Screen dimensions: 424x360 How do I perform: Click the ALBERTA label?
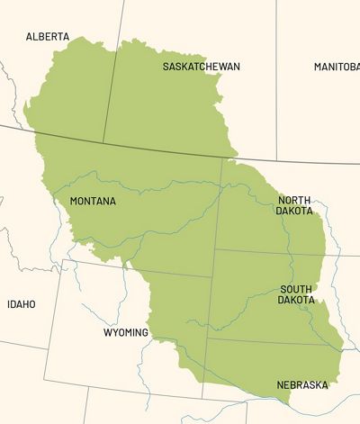click(47, 37)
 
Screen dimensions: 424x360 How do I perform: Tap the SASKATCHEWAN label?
click(202, 68)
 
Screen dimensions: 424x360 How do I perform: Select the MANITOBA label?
click(337, 68)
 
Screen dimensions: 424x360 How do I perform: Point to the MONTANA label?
click(93, 202)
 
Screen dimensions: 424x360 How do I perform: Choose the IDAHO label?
click(22, 304)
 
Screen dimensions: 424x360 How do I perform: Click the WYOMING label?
click(125, 332)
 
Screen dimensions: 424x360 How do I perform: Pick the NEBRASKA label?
click(301, 384)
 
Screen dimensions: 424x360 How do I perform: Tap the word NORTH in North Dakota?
click(295, 200)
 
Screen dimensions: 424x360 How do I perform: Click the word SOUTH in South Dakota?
click(296, 289)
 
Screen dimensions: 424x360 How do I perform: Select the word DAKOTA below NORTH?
click(295, 211)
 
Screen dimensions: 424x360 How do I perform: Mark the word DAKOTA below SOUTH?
click(296, 300)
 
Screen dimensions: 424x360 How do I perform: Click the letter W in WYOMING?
click(107, 332)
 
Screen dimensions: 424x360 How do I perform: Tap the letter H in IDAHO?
click(27, 304)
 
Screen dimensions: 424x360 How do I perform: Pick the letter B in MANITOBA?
click(349, 68)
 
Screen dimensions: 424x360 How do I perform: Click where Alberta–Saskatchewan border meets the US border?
click(103, 141)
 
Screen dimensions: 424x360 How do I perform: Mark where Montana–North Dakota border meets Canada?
click(222, 158)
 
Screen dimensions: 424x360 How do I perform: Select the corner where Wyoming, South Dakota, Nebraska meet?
click(208, 339)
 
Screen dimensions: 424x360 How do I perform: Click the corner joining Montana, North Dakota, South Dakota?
click(216, 248)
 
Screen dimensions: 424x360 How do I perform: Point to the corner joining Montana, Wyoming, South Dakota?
click(213, 277)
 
